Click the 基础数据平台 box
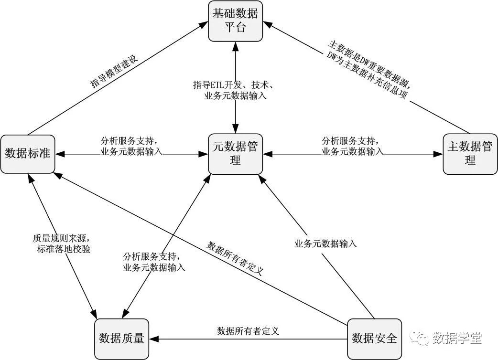(x=235, y=21)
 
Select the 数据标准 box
(x=27, y=154)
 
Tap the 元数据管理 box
(x=235, y=153)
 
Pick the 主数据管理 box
(x=470, y=153)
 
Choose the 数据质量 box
(x=121, y=339)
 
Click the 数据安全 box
(x=374, y=339)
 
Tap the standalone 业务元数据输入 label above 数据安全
(x=325, y=244)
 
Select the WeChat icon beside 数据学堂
(x=422, y=338)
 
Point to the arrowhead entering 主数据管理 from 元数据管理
(x=439, y=154)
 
